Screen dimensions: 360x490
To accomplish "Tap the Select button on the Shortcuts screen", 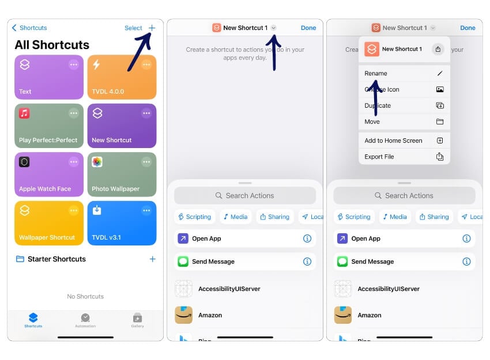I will (x=133, y=28).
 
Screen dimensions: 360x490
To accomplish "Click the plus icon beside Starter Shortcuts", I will (x=152, y=259).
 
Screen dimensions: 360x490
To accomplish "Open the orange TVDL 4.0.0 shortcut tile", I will (x=122, y=77).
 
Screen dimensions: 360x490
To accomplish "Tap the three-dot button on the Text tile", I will (x=74, y=65).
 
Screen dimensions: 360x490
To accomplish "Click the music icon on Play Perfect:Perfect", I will (x=24, y=113).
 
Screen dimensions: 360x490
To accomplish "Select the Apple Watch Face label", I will (x=45, y=189).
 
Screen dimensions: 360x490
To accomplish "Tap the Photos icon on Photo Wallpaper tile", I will (x=97, y=162).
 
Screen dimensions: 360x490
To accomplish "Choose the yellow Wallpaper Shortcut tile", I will (x=49, y=223).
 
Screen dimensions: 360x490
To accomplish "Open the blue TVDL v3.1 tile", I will (x=122, y=223).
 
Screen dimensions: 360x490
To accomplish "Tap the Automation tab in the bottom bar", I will (x=85, y=320).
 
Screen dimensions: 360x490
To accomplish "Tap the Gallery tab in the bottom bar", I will (x=137, y=320).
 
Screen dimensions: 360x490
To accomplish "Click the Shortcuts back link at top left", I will (x=30, y=28).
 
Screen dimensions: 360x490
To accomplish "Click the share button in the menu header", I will (x=438, y=50).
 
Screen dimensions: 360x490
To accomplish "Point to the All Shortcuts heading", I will (x=52, y=45).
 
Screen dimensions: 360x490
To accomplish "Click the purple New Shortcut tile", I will (x=122, y=126).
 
